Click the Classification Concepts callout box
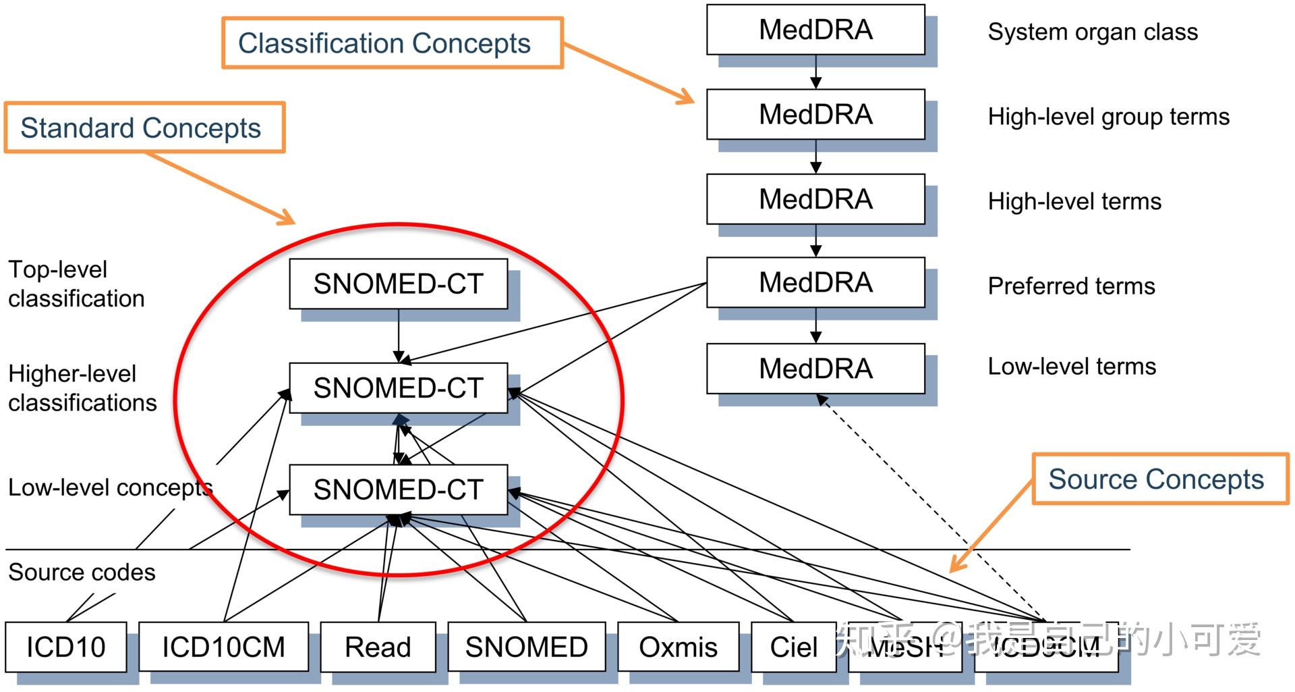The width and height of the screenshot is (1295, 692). (x=392, y=43)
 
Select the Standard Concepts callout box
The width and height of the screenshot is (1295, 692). (x=144, y=128)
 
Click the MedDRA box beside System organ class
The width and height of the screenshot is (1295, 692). (x=815, y=30)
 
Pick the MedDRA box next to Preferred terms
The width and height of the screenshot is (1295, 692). (x=815, y=283)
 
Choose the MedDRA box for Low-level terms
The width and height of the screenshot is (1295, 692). (x=815, y=369)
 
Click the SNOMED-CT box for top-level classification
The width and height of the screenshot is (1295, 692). (x=398, y=284)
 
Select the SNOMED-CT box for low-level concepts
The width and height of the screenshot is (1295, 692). (x=398, y=489)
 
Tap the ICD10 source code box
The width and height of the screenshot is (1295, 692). (x=66, y=647)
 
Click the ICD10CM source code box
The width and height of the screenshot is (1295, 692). (x=223, y=647)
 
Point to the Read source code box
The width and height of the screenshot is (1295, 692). (x=378, y=647)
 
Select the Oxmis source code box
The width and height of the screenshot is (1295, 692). (x=678, y=647)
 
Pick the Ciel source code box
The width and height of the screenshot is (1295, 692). (x=794, y=647)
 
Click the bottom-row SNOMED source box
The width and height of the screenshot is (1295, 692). (x=526, y=647)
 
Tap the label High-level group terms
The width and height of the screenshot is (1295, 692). (x=1108, y=117)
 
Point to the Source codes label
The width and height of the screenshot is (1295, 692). (x=82, y=573)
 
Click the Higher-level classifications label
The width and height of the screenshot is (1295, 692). (x=82, y=388)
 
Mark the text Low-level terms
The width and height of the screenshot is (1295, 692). (x=1072, y=367)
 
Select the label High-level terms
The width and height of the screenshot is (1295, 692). (x=1074, y=201)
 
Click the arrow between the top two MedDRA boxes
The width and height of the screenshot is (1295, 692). (x=815, y=72)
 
